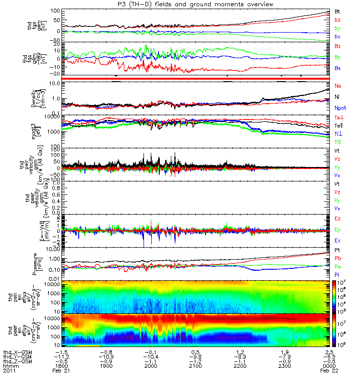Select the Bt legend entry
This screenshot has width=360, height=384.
[x=338, y=11]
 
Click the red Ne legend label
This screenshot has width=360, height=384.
[x=338, y=85]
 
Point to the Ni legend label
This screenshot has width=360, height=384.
[x=337, y=97]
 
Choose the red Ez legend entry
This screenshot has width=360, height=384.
[x=338, y=219]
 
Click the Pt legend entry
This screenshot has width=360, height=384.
[x=337, y=251]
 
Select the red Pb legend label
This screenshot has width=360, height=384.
[x=338, y=258]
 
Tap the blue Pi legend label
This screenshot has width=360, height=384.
[x=337, y=274]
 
